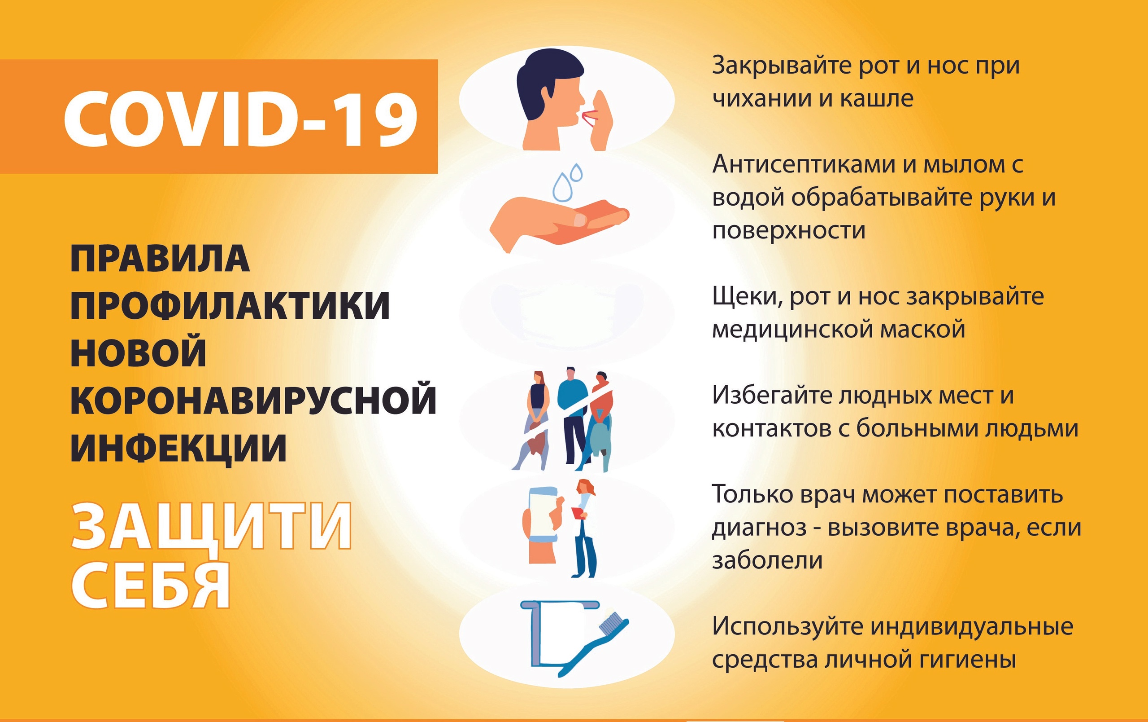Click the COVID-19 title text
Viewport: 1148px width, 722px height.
241,119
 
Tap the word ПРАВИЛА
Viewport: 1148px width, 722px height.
160,259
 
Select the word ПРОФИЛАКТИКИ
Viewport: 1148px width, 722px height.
230,305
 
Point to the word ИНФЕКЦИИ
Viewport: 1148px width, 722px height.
179,448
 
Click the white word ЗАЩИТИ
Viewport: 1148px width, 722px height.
212,528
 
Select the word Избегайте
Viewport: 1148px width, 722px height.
772,396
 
